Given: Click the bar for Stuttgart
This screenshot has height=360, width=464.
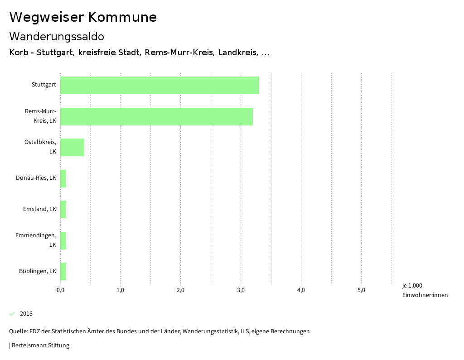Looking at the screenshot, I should coord(159,85).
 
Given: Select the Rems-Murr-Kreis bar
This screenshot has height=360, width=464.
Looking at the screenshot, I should coord(156,116).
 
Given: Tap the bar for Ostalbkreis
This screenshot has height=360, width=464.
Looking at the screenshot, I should coord(72,147).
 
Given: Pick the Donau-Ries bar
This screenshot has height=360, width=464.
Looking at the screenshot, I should coord(63,178).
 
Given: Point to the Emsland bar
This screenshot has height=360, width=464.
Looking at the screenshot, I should coord(63,209).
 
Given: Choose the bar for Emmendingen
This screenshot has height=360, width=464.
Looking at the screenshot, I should coord(63,240).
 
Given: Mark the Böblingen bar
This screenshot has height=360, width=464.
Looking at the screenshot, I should coord(63,271).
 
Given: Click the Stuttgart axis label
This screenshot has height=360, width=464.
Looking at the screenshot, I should coord(44,85).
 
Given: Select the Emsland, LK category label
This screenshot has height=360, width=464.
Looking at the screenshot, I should coord(39,209).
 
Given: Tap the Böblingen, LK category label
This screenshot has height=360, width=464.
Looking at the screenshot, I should coord(38,271).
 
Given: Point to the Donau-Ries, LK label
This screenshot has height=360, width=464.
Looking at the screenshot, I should coord(36,178).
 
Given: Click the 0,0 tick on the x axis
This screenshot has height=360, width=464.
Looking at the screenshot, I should coord(60,290).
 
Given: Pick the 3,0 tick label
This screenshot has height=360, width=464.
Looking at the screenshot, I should coord(241,290).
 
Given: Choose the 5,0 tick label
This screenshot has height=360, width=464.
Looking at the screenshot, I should coord(361,290).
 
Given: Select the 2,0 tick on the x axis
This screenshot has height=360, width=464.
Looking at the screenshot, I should coord(180,290).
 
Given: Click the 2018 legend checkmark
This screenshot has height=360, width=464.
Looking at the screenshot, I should coord(12,314).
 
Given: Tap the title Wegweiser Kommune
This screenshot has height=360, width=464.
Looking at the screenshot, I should coord(83,17).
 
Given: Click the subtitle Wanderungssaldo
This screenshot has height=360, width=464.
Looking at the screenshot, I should coord(57,36).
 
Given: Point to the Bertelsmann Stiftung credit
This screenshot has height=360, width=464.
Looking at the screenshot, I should coord(39,346).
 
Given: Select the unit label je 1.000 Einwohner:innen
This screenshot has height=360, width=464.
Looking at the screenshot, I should coord(425,290).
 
